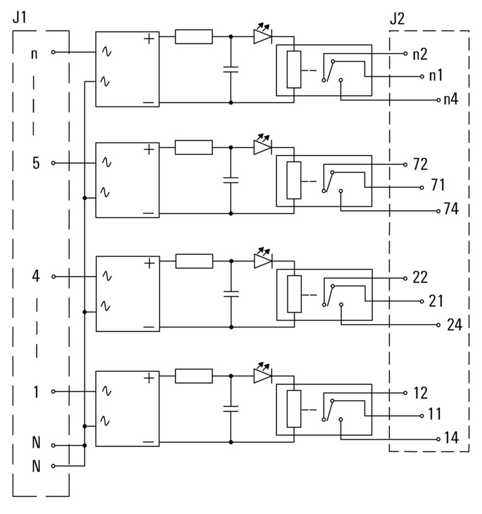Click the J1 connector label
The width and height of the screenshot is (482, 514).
click(20, 19)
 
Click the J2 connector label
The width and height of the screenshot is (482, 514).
click(397, 19)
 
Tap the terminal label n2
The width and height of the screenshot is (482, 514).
click(421, 54)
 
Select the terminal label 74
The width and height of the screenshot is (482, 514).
click(451, 210)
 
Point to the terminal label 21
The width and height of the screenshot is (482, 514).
click(436, 301)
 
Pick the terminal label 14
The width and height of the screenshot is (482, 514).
click(451, 438)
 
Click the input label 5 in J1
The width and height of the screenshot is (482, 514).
click(36, 163)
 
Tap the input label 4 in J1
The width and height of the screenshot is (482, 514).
click(36, 277)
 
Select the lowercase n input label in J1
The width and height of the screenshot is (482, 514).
click(34, 53)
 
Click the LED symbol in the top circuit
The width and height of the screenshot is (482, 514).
click(263, 36)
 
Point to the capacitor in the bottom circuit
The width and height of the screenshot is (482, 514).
click(231, 408)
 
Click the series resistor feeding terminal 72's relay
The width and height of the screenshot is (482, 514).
click(194, 147)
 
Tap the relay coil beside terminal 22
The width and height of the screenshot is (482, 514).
click(294, 293)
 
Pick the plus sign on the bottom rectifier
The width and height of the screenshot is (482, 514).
click(148, 378)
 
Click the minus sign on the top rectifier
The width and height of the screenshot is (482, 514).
click(148, 102)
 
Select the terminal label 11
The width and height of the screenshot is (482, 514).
click(435, 415)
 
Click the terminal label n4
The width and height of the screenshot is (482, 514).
click(451, 99)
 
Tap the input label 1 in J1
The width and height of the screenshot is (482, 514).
click(36, 392)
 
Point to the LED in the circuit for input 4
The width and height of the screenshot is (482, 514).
click(263, 260)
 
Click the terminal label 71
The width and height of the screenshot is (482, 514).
click(438, 185)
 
